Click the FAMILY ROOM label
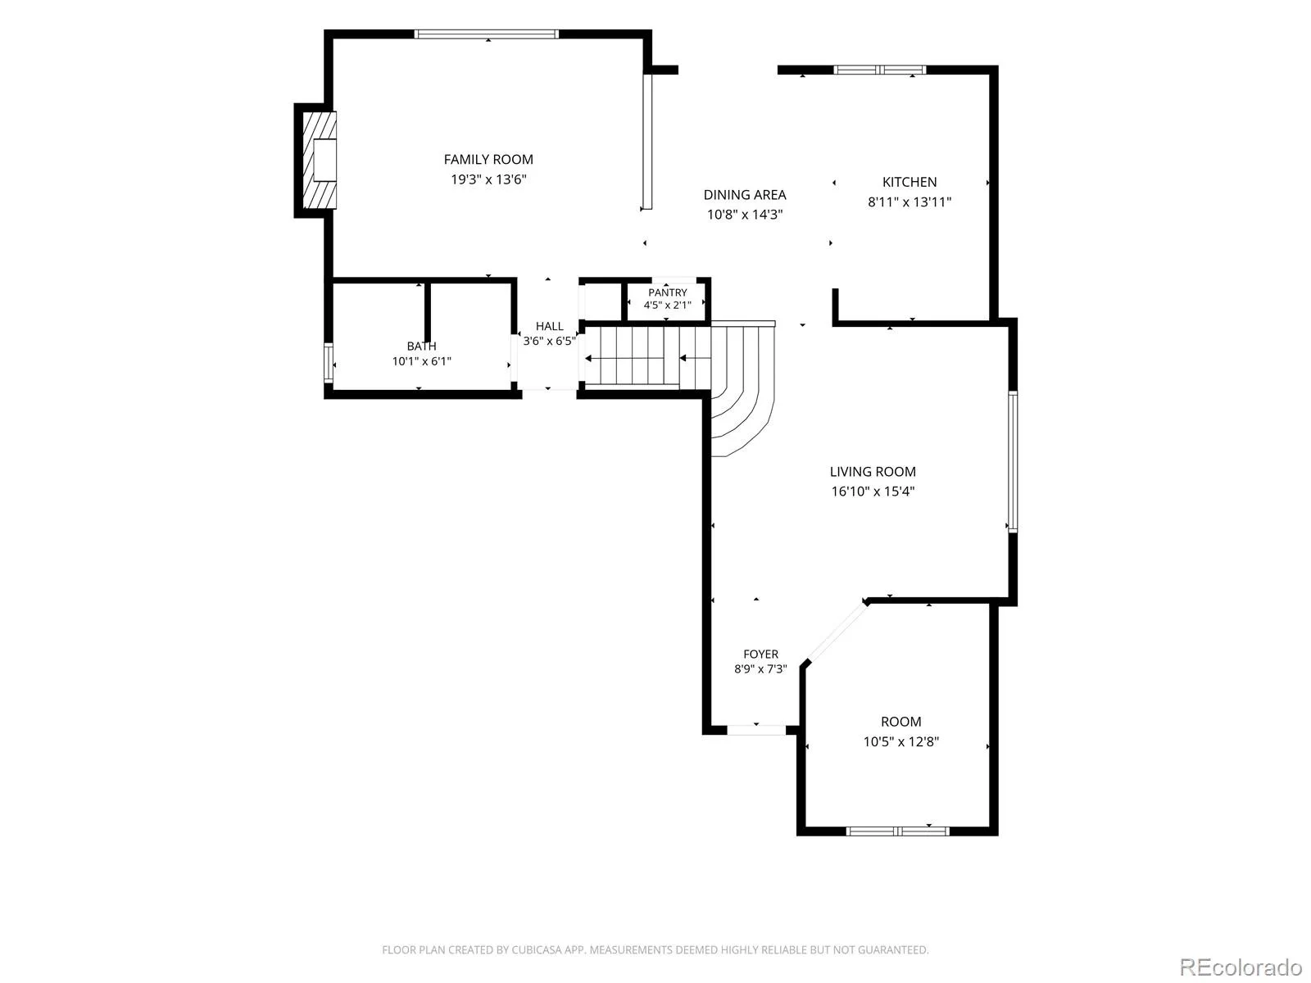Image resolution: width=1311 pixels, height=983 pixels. [488, 160]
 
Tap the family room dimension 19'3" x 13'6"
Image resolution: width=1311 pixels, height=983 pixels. [488, 179]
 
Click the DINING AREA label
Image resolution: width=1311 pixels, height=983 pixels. [744, 195]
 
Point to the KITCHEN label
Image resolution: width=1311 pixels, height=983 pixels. [909, 182]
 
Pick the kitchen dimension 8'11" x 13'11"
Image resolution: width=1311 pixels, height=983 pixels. [909, 202]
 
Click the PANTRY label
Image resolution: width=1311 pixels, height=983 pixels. [667, 292]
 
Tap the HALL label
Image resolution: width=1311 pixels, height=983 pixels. [549, 326]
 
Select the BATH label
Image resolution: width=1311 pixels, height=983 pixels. [421, 347]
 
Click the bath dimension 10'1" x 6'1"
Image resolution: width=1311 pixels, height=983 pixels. [421, 361]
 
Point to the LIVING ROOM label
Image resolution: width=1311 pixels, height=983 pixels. [872, 472]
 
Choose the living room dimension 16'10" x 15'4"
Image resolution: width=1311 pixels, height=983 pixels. [873, 491]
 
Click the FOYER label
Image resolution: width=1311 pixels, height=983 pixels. [760, 655]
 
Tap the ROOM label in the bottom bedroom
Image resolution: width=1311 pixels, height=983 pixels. [900, 722]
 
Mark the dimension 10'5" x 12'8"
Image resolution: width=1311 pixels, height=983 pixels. [900, 741]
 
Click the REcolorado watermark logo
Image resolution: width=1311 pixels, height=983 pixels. [1241, 967]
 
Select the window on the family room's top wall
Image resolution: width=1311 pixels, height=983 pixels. [486, 34]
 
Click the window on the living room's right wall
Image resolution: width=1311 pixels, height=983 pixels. [1013, 461]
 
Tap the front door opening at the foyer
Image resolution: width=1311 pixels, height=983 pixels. [755, 730]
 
